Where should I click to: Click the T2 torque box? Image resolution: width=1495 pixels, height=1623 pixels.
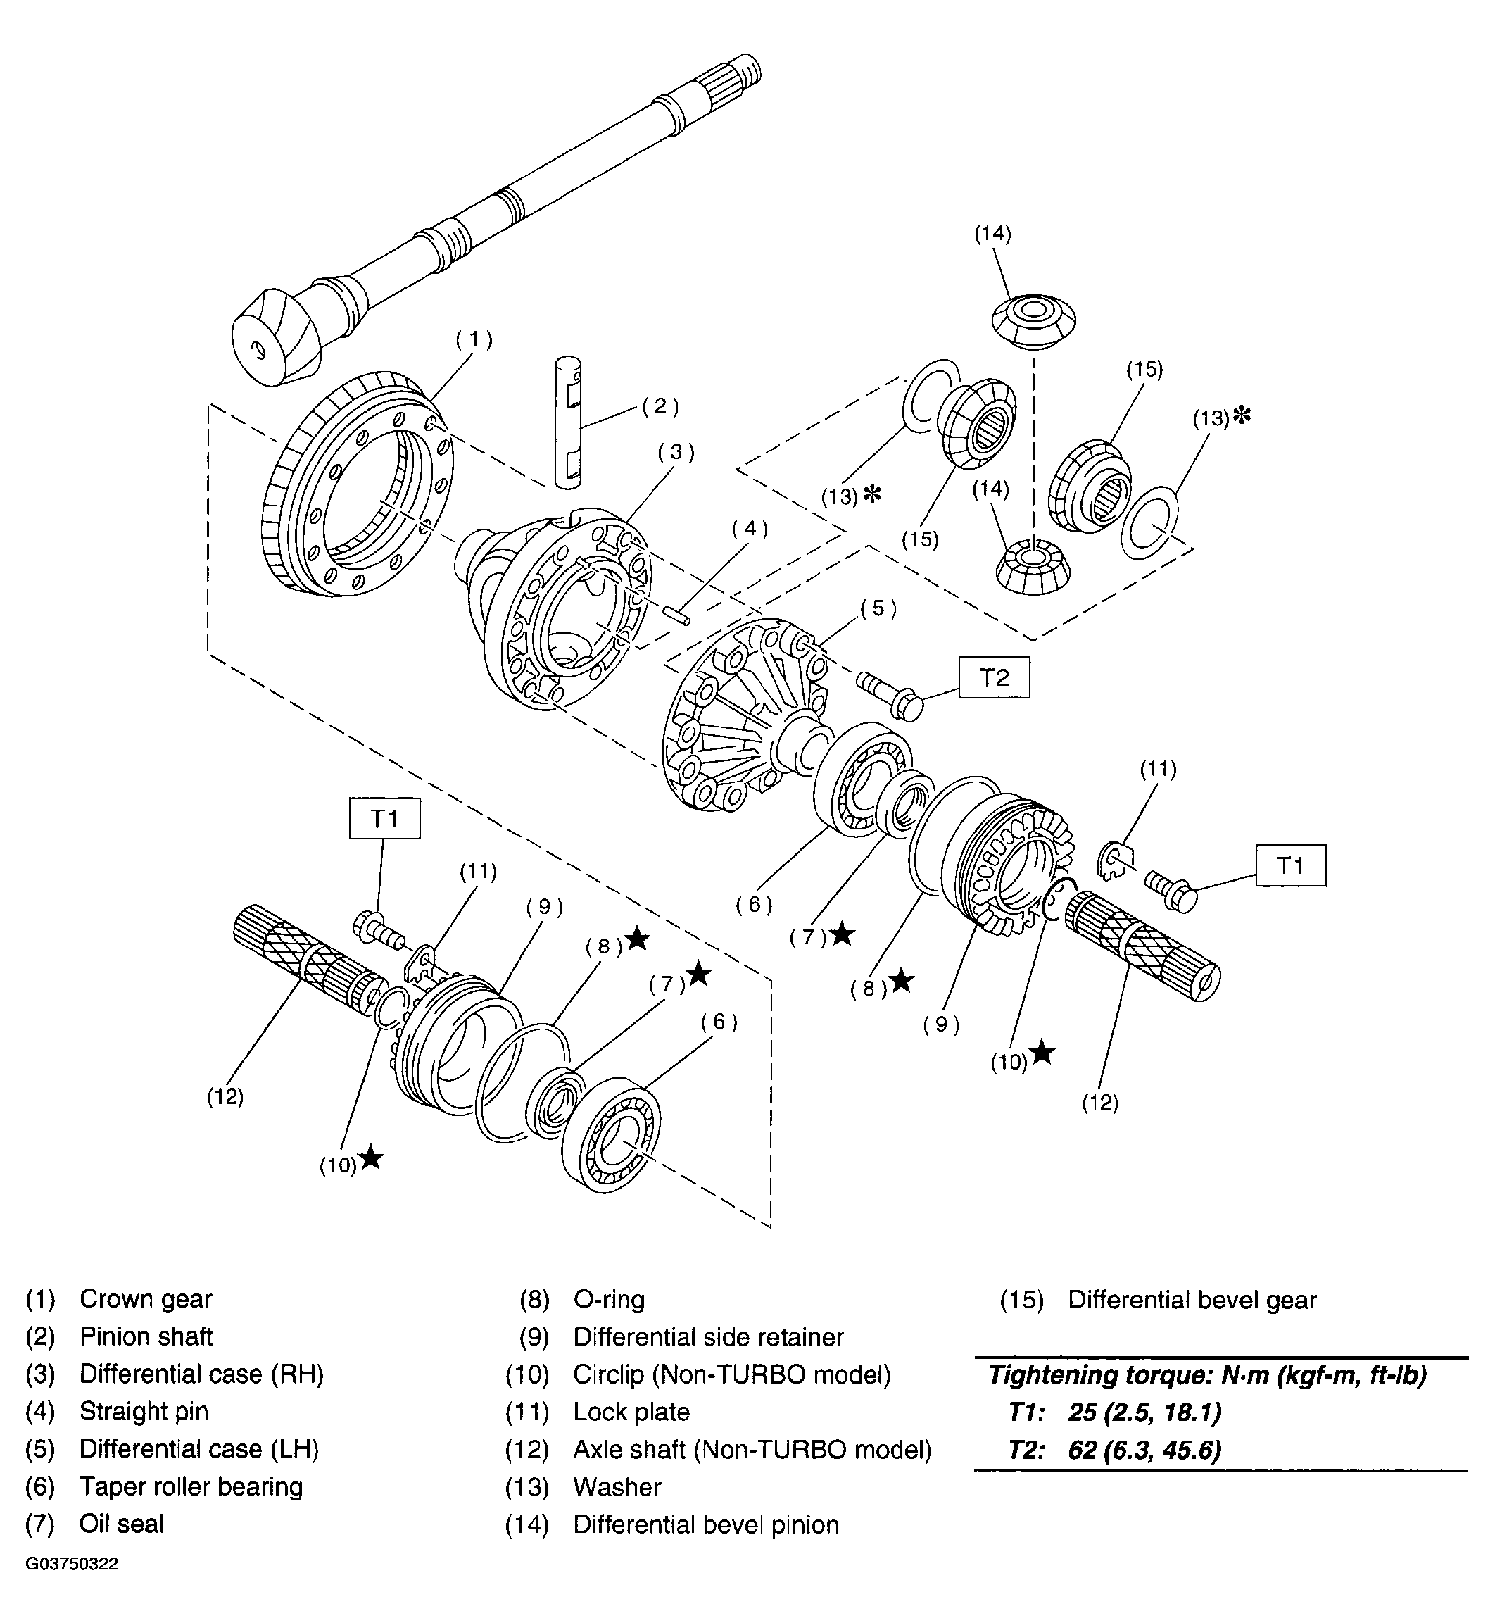(995, 677)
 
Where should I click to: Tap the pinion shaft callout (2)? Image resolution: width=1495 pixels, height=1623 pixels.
(660, 406)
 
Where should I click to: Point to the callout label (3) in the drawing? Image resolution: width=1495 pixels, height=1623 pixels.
(676, 451)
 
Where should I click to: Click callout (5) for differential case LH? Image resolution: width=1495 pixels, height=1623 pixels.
(878, 608)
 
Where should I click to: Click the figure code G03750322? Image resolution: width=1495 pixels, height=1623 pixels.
(72, 1586)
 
